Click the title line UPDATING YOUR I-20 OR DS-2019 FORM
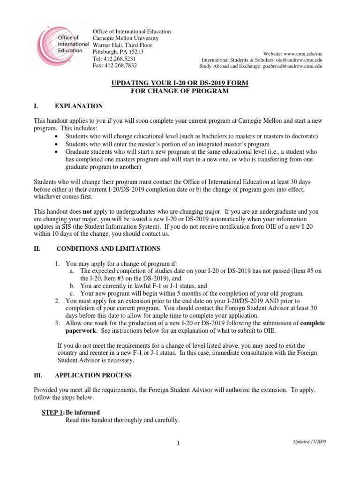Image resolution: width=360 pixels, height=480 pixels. click(180, 83)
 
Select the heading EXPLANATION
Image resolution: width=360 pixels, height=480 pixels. click(79, 106)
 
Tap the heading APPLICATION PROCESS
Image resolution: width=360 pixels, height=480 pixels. click(93, 375)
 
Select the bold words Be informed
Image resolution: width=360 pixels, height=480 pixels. click(82, 412)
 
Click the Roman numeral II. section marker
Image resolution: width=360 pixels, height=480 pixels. click(37, 248)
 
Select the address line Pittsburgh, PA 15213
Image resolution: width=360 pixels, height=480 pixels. click(118, 52)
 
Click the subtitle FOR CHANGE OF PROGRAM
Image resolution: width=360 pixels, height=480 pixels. click(180, 91)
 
